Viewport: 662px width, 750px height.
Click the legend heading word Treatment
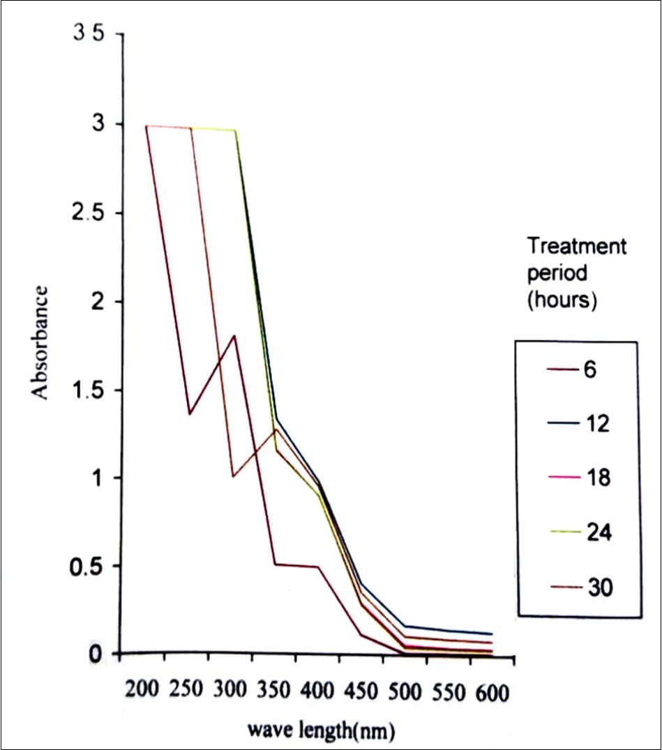[x=577, y=246]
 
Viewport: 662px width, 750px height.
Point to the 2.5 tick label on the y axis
[x=90, y=213]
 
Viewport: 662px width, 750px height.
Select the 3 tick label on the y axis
[x=100, y=124]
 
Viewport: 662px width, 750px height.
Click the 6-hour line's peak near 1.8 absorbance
[x=234, y=336]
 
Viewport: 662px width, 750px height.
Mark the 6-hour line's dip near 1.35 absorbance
[x=190, y=414]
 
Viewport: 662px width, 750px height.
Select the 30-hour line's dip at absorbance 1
[x=232, y=477]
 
